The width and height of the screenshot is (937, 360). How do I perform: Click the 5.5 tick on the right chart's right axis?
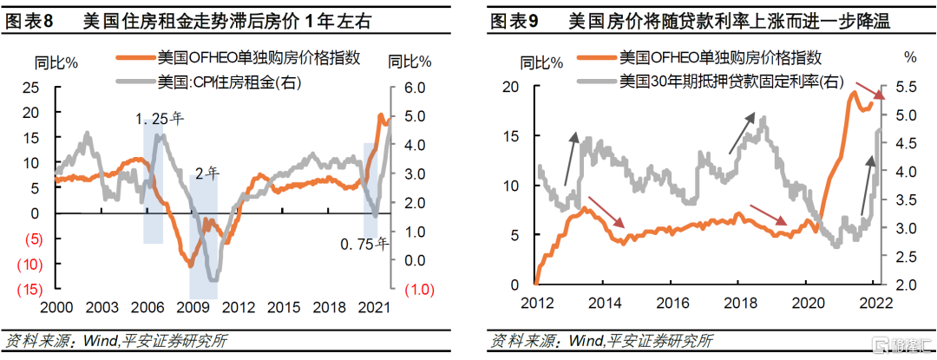point(907,88)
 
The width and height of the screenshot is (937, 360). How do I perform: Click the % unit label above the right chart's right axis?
point(908,57)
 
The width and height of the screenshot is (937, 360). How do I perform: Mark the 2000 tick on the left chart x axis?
point(55,307)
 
